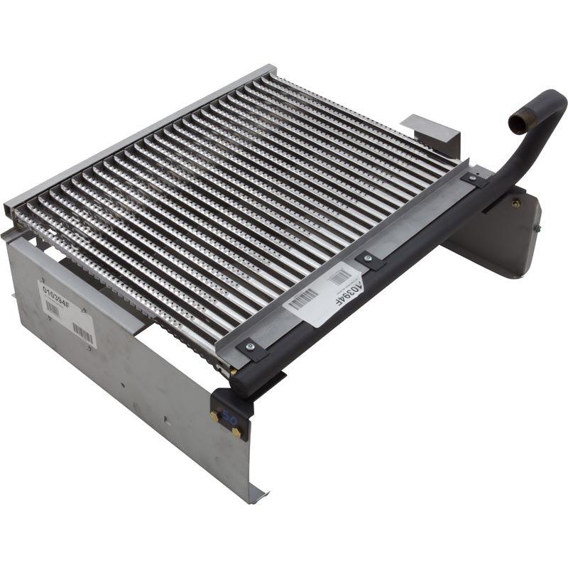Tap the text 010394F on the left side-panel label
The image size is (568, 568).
click(x=57, y=290)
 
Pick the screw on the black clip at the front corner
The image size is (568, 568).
click(x=249, y=346)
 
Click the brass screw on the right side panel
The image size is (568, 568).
click(x=515, y=204)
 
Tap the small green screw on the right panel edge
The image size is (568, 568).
click(x=537, y=228)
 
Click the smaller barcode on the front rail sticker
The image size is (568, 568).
click(x=340, y=278)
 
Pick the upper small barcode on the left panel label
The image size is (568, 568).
click(x=53, y=307)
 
